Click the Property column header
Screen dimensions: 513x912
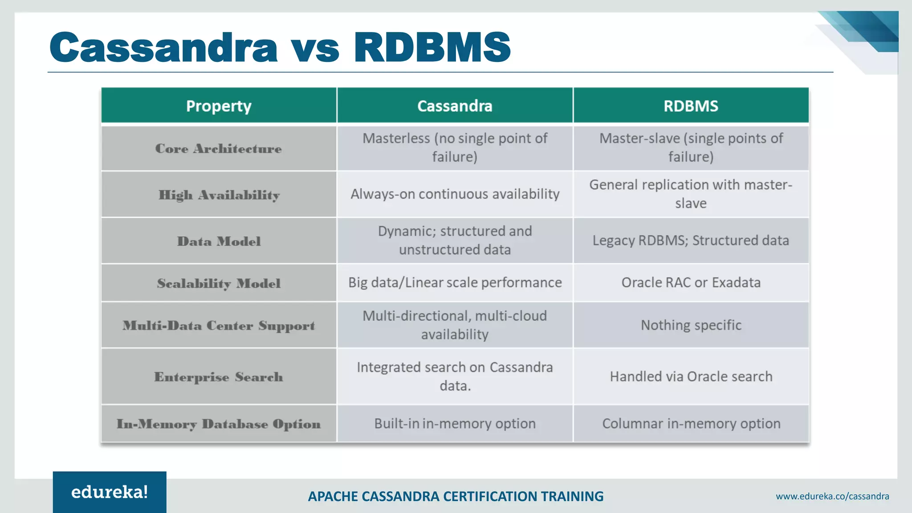pos(219,106)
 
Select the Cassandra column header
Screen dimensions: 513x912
pos(455,106)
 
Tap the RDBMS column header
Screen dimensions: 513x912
pos(691,106)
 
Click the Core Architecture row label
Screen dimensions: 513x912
pos(219,149)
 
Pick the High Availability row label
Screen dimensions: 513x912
pos(219,195)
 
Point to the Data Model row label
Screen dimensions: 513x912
pos(219,241)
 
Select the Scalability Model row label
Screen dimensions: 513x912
pos(219,283)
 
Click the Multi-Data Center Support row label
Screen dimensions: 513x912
pos(219,326)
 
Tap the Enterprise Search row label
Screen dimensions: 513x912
pos(219,377)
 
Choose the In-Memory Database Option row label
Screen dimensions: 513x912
pos(219,424)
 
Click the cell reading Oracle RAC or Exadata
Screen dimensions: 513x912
pos(691,283)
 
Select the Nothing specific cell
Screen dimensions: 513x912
pos(691,325)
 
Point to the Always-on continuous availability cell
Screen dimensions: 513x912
pos(455,194)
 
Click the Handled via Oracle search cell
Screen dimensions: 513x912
pos(691,377)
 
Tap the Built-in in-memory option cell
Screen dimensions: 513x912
pos(455,423)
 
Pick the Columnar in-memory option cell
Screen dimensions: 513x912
pos(691,423)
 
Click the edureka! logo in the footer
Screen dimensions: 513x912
pos(110,492)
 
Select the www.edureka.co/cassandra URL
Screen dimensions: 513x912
pos(832,496)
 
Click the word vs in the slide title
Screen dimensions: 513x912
pos(315,48)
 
